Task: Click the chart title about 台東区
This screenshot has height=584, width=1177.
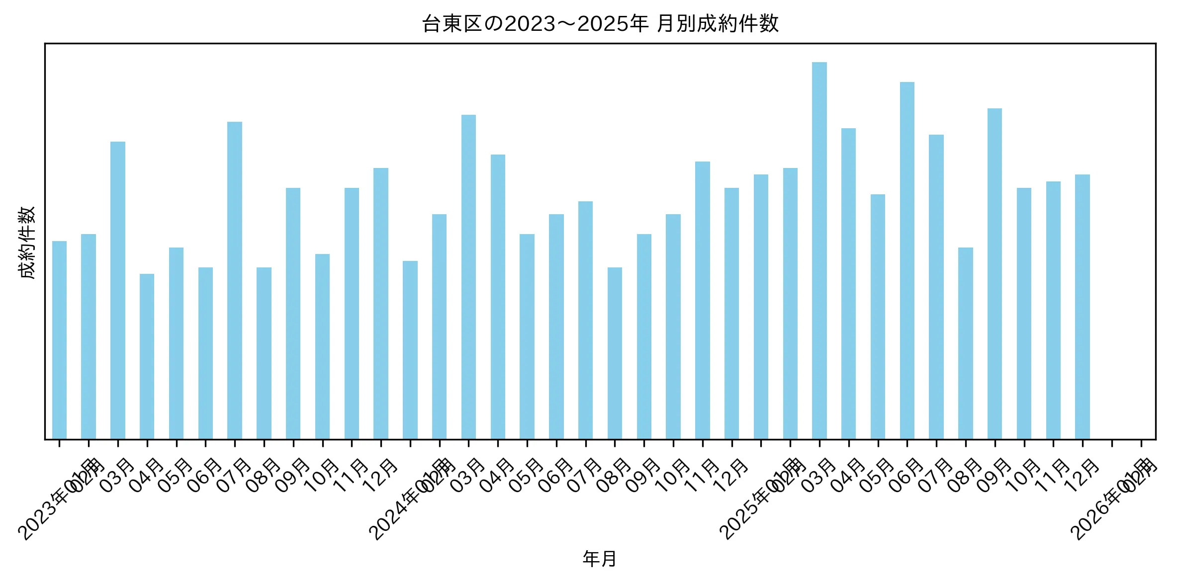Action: pos(600,24)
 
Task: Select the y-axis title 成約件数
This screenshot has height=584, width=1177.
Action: pos(27,243)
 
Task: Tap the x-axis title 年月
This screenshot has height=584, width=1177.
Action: pos(600,559)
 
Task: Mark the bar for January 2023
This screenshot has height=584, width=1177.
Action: pos(59,340)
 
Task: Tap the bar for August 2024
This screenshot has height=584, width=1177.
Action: pos(615,353)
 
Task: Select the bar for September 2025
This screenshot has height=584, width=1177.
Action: pos(995,273)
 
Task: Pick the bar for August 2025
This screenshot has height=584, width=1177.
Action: pos(965,343)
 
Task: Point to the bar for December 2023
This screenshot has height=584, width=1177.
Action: pos(381,303)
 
